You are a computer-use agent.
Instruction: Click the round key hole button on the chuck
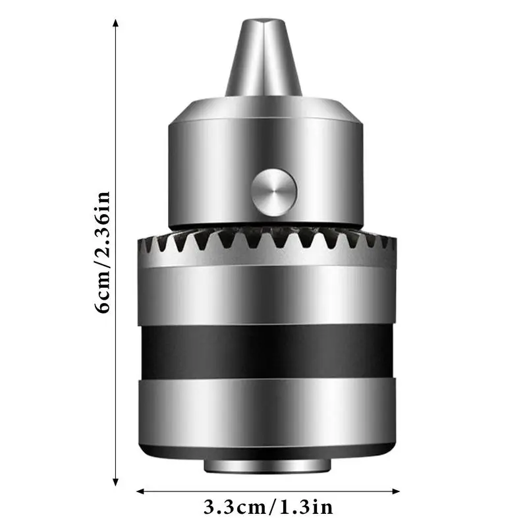tap(273, 192)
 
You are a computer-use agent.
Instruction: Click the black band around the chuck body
tap(267, 351)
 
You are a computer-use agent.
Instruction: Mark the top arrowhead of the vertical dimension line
tap(116, 24)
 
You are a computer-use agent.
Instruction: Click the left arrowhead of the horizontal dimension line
tap(140, 491)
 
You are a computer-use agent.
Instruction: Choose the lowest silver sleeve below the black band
tap(267, 412)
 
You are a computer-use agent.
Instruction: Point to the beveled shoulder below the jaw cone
tap(263, 105)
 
